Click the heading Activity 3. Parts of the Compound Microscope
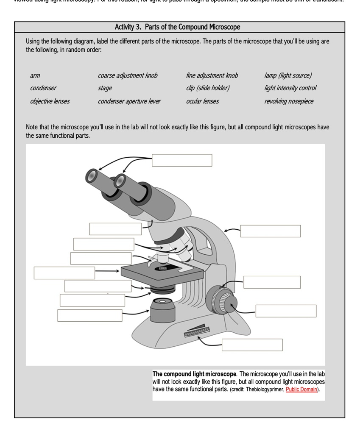click(177, 27)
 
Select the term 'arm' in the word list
click(35, 75)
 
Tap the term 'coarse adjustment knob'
click(128, 75)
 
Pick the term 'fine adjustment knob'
click(212, 75)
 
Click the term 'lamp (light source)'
click(288, 75)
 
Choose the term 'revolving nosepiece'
click(289, 101)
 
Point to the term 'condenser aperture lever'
click(129, 101)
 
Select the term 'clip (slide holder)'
click(208, 88)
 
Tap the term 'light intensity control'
click(290, 88)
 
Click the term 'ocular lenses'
click(203, 101)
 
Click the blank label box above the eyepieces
click(182, 160)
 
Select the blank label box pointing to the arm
click(270, 231)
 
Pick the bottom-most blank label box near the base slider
click(252, 345)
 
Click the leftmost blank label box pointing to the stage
click(64, 273)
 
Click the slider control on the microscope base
click(197, 331)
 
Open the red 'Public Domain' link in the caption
click(302, 389)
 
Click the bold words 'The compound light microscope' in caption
click(194, 374)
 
